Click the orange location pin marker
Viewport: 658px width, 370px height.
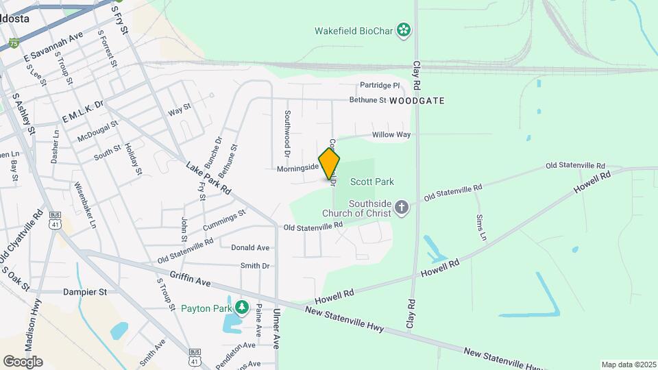[x=330, y=164]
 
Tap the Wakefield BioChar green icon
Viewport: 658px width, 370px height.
[x=404, y=29]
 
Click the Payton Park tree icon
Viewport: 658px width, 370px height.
[x=241, y=306]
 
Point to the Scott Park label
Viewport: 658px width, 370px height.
[x=372, y=182]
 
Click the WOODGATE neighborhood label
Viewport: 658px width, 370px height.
[x=417, y=101]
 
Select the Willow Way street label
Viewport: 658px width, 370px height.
[x=391, y=134]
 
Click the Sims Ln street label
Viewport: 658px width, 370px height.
[x=480, y=227]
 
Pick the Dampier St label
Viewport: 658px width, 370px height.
[x=85, y=291]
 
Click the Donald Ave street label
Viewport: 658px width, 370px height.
[x=250, y=247]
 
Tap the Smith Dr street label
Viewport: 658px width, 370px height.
[x=255, y=265]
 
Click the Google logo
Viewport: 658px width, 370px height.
[x=23, y=361]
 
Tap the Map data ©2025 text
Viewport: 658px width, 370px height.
[x=627, y=365]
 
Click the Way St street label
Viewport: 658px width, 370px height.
[x=179, y=110]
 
